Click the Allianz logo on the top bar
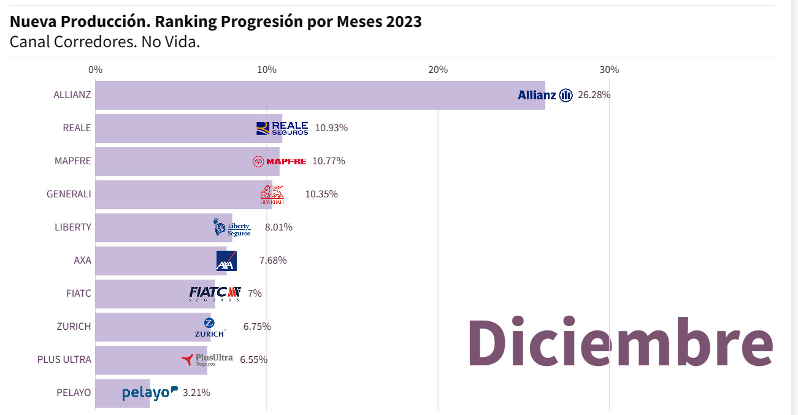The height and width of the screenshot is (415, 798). tap(545, 95)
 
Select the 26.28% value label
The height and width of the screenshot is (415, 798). tap(594, 95)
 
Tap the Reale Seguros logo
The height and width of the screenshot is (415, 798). tap(282, 128)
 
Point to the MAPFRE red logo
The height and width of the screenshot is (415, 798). tap(279, 161)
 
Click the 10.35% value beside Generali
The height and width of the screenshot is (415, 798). tap(321, 194)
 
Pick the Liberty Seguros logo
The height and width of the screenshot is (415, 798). tap(232, 227)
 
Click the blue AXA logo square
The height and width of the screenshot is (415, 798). tap(226, 261)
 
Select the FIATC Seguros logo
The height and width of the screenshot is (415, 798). tap(215, 294)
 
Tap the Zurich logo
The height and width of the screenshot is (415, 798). tap(210, 327)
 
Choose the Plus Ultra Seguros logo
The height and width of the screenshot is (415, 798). tap(207, 360)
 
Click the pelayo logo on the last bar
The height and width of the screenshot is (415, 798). tap(150, 393)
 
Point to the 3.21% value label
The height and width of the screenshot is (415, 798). tap(196, 393)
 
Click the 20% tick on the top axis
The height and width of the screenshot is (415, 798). tap(438, 70)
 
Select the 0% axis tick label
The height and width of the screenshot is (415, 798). tap(96, 70)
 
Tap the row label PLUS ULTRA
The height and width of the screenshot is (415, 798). tap(64, 360)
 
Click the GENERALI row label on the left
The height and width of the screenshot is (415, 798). tap(69, 194)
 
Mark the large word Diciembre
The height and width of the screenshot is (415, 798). tap(620, 343)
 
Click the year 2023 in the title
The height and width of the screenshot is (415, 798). tap(403, 21)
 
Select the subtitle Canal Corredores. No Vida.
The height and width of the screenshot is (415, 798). tap(105, 42)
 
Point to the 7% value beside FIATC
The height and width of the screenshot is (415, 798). tap(255, 294)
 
